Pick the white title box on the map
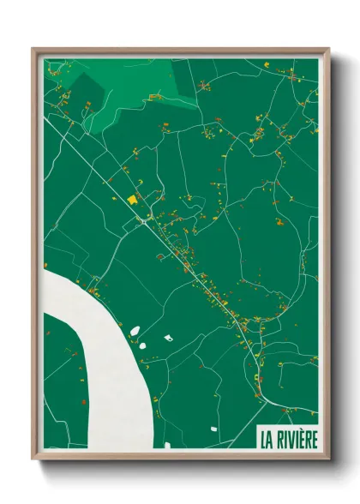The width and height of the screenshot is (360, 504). [288, 437]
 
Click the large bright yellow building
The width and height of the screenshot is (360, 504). [132, 199]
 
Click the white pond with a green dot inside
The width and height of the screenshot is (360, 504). [169, 337]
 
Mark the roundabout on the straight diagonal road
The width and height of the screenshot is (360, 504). [143, 221]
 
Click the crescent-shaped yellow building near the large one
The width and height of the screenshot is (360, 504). [142, 195]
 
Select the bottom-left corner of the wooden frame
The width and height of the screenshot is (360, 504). [34, 459]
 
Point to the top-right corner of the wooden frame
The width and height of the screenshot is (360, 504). [327, 50]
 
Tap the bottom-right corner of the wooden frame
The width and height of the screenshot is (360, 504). [327, 459]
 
